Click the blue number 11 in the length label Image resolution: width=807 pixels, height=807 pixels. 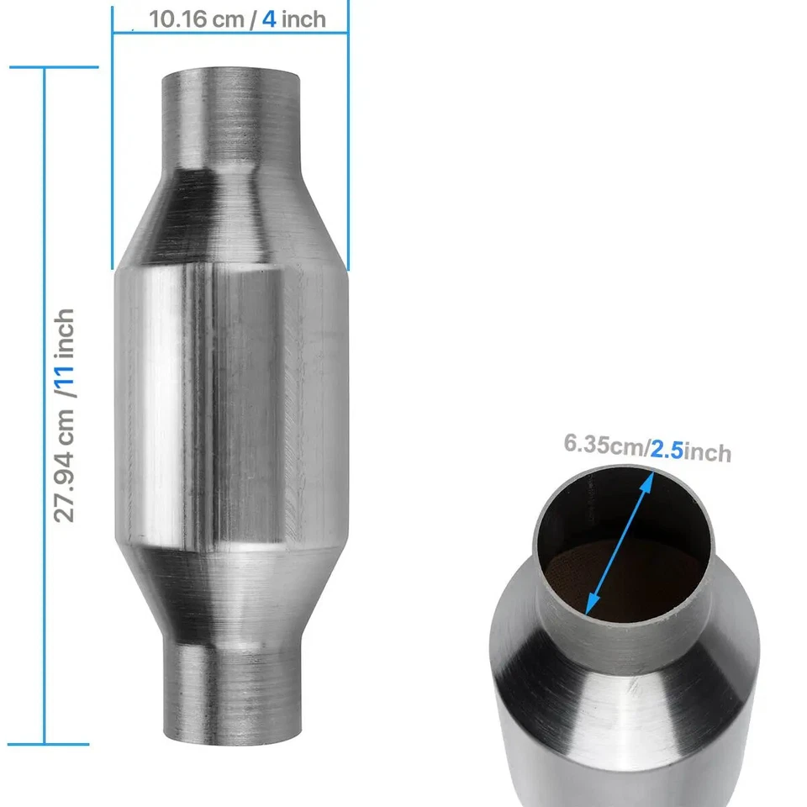click(x=65, y=375)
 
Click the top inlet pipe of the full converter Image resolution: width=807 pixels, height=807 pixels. click(x=229, y=109)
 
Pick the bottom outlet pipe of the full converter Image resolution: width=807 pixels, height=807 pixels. click(x=229, y=689)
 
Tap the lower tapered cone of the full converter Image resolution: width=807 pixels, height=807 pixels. click(x=229, y=588)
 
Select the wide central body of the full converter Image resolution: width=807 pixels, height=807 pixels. click(x=229, y=403)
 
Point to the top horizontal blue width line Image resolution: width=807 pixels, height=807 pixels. click(x=229, y=33)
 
